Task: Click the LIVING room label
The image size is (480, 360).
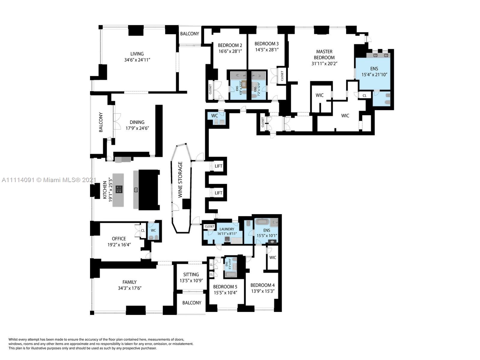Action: point(137,54)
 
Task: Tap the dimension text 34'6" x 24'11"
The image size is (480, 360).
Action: point(137,60)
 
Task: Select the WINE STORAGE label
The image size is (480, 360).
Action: point(180,179)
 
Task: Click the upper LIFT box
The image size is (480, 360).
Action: point(218,166)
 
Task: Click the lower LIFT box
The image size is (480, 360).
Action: point(218,193)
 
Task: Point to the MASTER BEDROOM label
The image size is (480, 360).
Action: point(324,54)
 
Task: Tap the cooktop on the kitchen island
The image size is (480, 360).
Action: point(119,189)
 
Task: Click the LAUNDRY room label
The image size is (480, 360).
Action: point(227,229)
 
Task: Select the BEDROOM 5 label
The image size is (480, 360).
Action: point(225,286)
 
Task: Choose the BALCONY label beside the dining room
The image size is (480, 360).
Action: point(101,122)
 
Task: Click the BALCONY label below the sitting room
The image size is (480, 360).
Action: point(192,303)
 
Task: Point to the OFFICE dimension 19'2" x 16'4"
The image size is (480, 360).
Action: point(119,244)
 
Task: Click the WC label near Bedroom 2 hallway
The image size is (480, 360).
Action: point(214,116)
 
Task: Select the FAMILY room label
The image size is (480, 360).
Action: point(129,282)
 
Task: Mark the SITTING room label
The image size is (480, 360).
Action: point(191,274)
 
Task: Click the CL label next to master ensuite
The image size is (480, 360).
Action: point(364,96)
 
